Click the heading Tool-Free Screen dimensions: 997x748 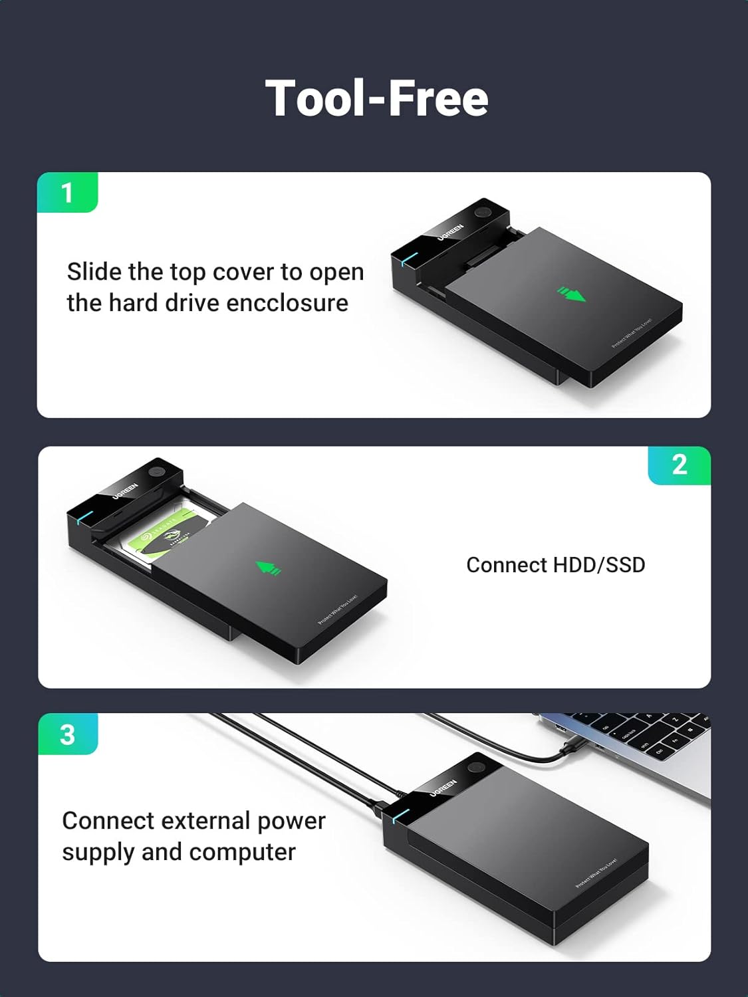376,98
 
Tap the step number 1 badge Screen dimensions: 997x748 67,193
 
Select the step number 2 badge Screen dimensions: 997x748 679,465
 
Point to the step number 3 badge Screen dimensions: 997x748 67,734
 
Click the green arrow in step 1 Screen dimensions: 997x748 571,293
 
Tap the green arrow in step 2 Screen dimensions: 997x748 269,568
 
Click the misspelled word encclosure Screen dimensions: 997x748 287,303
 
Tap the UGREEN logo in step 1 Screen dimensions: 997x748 450,232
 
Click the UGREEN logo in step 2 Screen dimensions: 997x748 125,491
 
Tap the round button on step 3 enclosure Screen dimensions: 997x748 476,768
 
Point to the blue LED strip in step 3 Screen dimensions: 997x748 398,815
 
